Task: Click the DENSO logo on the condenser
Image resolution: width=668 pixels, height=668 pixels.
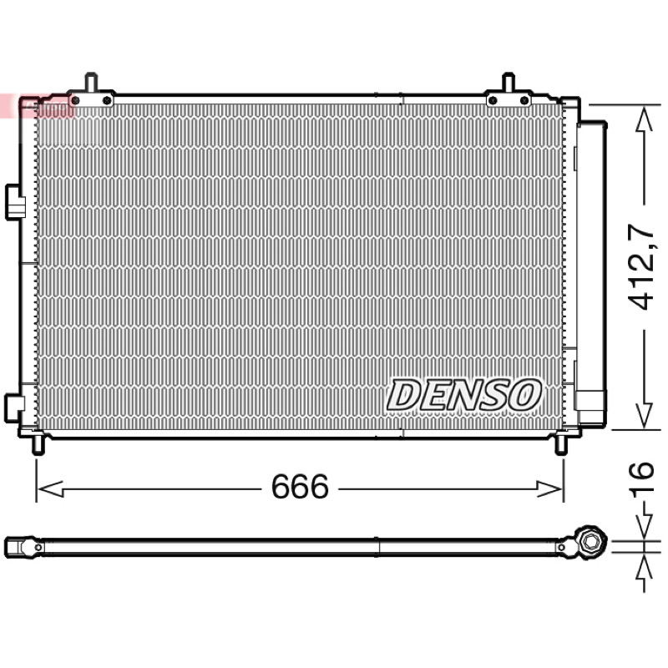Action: tap(463, 395)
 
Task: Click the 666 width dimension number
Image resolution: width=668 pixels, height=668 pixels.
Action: tap(300, 487)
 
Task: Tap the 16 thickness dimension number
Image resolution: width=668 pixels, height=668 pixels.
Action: tap(641, 477)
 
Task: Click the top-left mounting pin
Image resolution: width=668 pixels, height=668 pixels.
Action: tap(91, 82)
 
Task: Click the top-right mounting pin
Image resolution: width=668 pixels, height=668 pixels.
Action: tap(509, 82)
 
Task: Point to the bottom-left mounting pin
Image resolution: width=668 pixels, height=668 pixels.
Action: tap(38, 445)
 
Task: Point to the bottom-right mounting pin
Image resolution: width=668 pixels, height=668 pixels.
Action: tap(560, 445)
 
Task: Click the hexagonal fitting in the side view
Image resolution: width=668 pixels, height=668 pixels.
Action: tap(590, 541)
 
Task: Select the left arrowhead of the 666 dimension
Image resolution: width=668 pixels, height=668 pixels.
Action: tap(50, 488)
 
